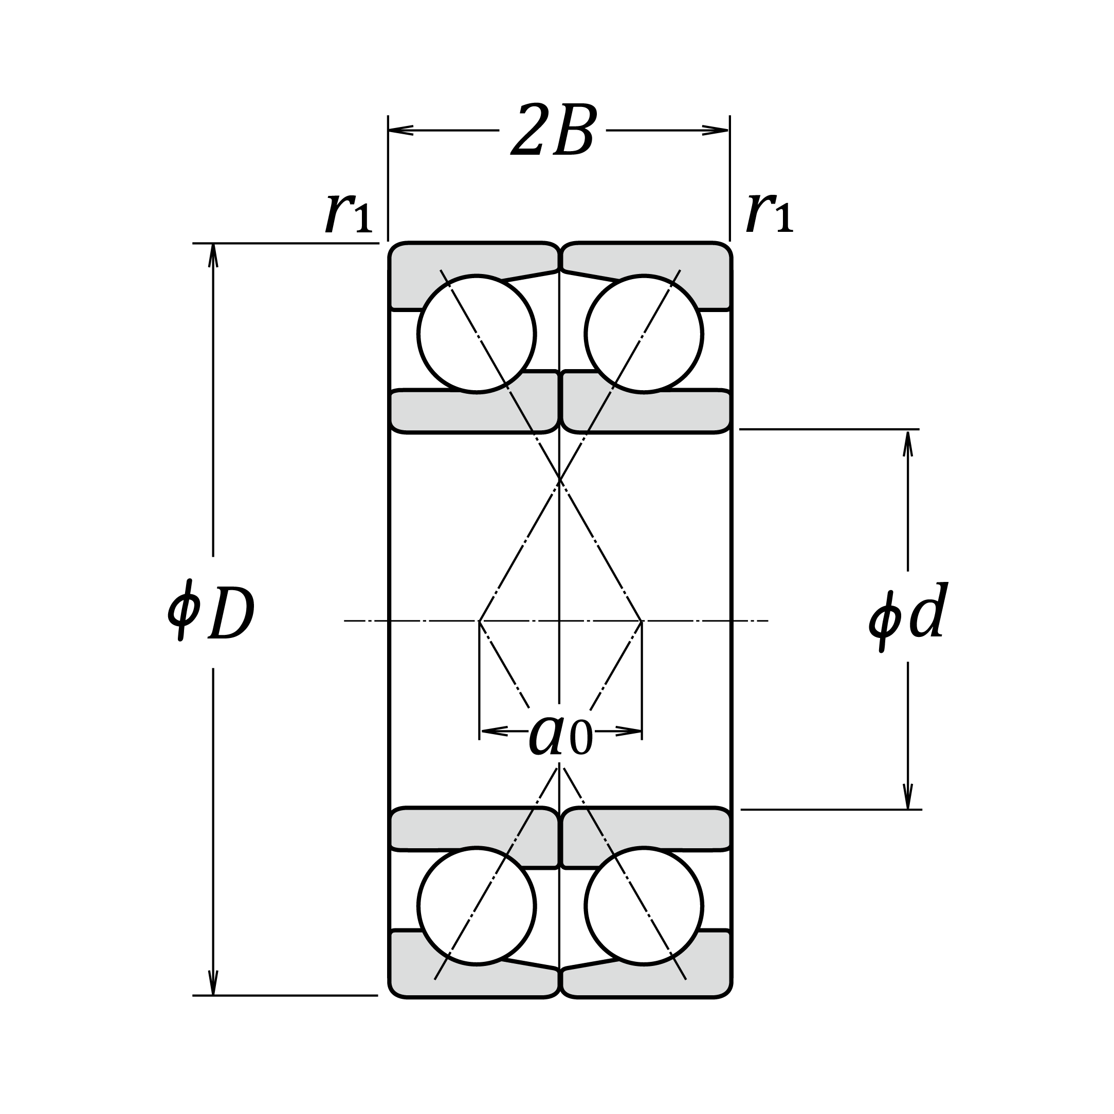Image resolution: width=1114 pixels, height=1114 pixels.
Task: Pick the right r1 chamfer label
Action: [769, 214]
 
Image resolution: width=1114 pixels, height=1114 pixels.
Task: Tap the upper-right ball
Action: [644, 334]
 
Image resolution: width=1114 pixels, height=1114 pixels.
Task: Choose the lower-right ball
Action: [644, 906]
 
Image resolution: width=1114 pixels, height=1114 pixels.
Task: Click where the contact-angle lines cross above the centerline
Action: [559, 479]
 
